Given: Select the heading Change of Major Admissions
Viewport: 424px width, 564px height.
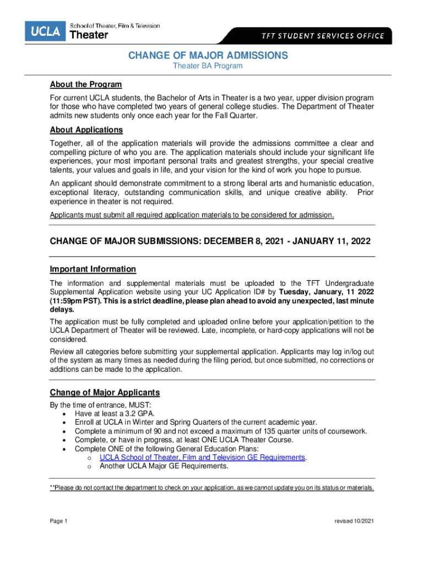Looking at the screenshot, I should click(208, 56).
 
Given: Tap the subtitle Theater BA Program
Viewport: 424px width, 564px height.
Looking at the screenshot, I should click(208, 66).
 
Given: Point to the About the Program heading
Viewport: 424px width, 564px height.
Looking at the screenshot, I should click(85, 84).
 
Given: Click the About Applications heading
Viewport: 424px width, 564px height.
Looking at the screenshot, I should click(86, 130).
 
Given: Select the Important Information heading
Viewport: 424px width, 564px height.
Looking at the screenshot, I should click(93, 269).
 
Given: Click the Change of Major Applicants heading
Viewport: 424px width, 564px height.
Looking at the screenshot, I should click(105, 393).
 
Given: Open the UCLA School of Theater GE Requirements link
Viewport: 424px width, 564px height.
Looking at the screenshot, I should click(202, 457).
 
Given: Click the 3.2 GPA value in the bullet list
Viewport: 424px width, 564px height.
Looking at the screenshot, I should click(138, 413).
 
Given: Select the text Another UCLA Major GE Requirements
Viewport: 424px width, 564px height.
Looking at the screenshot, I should click(164, 466).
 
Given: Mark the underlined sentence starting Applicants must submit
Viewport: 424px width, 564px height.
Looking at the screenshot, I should click(192, 215).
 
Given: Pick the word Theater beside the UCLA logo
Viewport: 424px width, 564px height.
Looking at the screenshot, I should click(89, 35).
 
